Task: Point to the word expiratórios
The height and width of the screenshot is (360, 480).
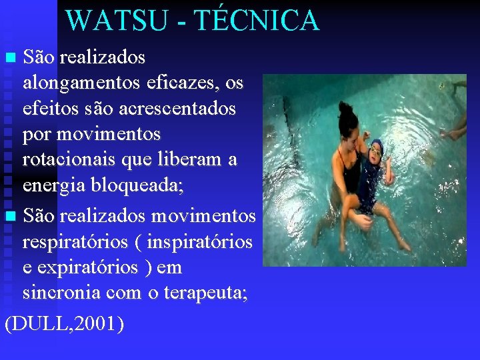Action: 96,267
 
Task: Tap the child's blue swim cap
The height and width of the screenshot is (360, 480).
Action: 375,145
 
